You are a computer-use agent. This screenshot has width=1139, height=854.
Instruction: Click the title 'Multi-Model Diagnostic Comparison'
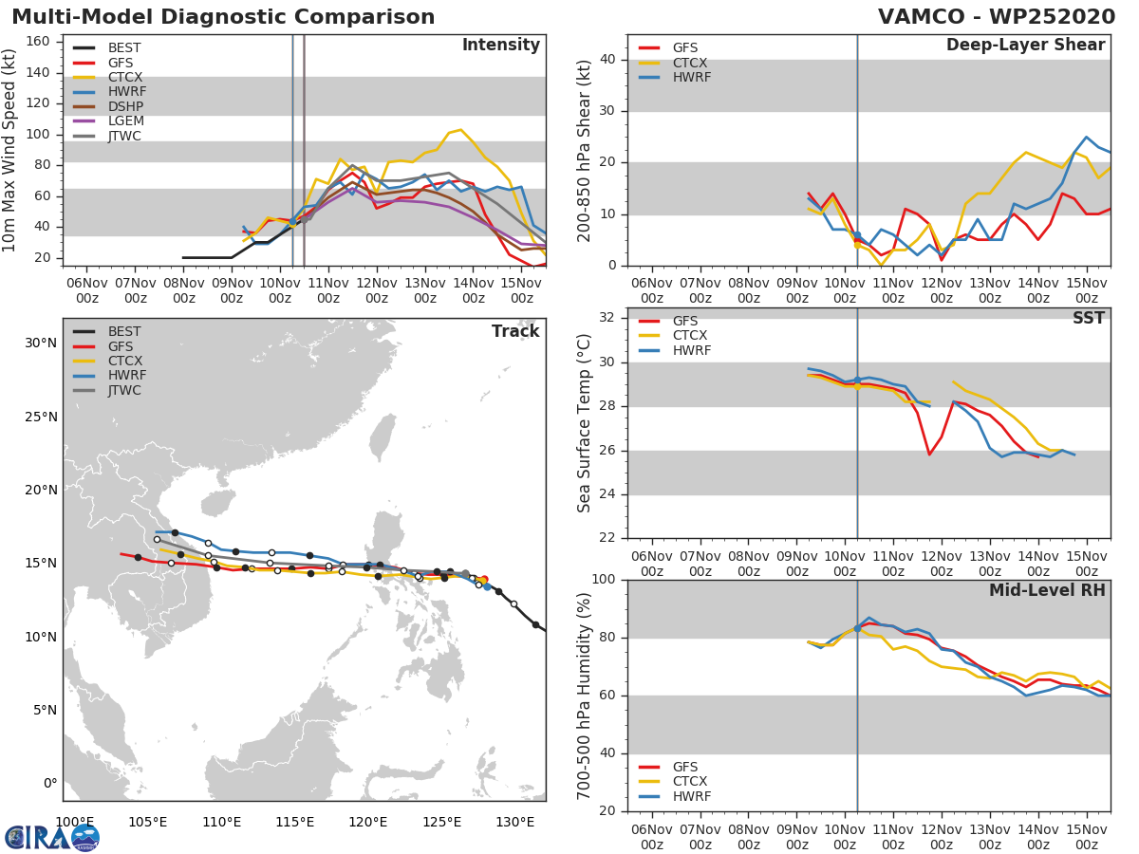pos(223,17)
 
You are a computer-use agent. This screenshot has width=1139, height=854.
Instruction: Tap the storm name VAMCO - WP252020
pos(996,17)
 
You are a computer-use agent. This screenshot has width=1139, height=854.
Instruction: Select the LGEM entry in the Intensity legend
pos(126,121)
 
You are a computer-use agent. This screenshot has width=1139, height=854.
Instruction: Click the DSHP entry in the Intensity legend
pos(126,106)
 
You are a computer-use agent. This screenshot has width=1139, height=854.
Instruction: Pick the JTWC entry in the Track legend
pos(125,391)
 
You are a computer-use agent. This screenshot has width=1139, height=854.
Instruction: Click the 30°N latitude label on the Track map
pos(40,343)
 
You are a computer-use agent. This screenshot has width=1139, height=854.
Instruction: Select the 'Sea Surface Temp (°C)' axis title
pos(585,423)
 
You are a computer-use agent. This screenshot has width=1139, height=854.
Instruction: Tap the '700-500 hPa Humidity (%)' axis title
pos(585,696)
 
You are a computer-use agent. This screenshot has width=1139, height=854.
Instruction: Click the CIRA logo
pos(51,837)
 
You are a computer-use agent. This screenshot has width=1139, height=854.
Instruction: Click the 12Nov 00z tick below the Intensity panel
pos(375,290)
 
